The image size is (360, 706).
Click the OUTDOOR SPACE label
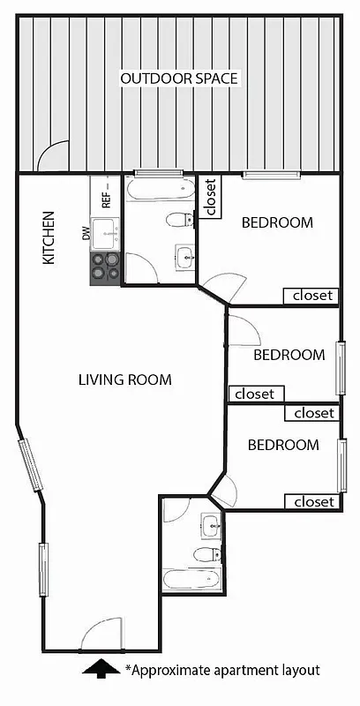point(180,79)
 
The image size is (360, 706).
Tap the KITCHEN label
point(49,237)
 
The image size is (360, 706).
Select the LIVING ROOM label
point(124,379)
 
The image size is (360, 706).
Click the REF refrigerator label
point(106,195)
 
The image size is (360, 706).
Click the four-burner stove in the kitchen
point(104,267)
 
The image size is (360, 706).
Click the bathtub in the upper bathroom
point(160,191)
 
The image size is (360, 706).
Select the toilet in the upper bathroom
point(181,220)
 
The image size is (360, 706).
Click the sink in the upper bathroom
point(184,257)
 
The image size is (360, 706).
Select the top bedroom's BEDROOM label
point(277,222)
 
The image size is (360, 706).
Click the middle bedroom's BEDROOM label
point(289,355)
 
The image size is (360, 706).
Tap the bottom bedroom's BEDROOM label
point(282,445)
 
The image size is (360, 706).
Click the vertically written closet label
point(210,198)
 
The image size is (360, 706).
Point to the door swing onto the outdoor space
point(56,158)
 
